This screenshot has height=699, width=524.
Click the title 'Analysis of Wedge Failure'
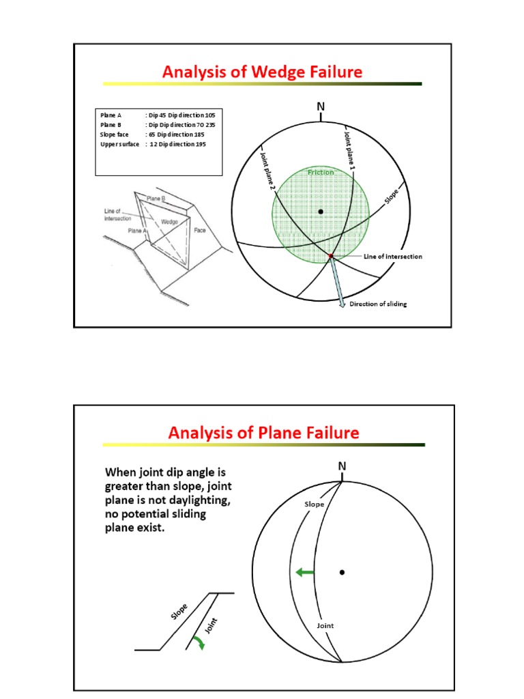click(262, 72)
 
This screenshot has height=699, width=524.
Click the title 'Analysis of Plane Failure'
click(263, 432)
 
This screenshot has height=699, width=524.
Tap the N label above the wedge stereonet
click(321, 108)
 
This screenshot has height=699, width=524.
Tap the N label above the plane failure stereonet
click(343, 466)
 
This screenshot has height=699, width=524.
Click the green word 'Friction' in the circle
click(321, 173)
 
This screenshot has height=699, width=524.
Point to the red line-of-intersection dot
click(331, 256)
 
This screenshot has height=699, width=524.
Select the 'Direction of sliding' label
click(378, 304)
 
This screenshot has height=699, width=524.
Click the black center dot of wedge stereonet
click(321, 212)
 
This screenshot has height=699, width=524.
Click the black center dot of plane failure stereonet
click(343, 572)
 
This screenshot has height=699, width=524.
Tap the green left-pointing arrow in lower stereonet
click(304, 573)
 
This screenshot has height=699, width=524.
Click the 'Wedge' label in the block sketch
click(170, 221)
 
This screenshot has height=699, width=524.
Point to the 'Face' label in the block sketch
click(200, 231)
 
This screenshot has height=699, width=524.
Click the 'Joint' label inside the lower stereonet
click(326, 625)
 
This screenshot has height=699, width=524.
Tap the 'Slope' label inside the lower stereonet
click(314, 504)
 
